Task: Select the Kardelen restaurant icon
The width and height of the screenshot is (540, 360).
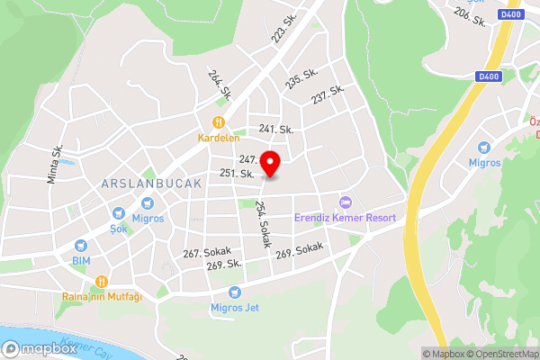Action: [x=217, y=123]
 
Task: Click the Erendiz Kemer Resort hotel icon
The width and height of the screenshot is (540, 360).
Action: [x=344, y=202]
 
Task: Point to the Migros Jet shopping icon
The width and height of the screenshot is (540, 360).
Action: [x=235, y=292]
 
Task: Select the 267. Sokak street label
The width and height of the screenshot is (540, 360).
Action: [x=207, y=252]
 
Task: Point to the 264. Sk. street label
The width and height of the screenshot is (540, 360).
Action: [x=220, y=85]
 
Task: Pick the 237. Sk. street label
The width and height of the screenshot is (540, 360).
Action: [x=328, y=93]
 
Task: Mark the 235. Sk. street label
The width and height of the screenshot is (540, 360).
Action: [x=302, y=78]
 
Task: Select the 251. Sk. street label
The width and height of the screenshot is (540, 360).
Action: [x=235, y=173]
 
